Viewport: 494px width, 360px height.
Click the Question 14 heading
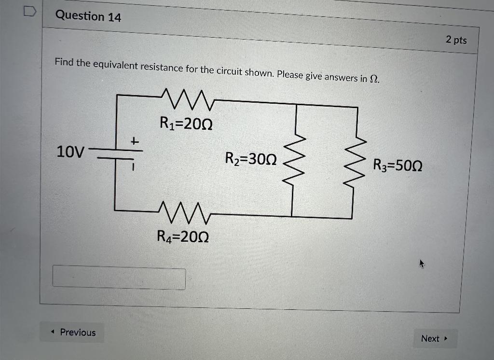pos(88,16)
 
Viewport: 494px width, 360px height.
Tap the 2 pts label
pos(456,40)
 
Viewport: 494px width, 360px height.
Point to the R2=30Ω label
pos(251,159)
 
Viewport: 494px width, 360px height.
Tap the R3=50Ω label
pos(398,166)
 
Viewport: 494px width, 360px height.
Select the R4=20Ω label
pos(183,237)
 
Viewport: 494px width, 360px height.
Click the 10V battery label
pos(70,152)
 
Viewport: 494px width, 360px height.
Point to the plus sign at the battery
pos(135,141)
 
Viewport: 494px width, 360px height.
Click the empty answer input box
pos(119,278)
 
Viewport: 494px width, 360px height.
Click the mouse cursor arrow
pos(422,263)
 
